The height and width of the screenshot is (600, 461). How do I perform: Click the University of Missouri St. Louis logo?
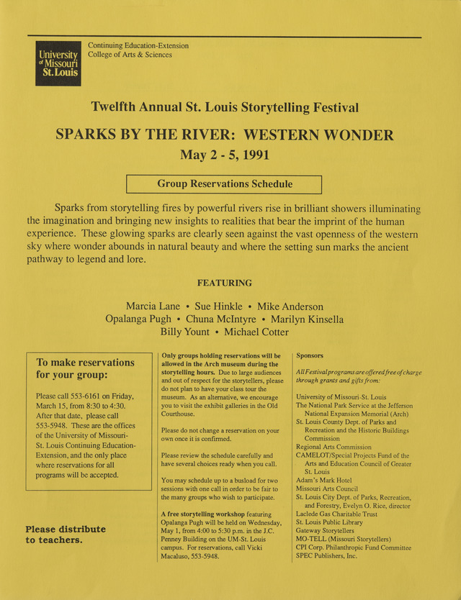point(58,63)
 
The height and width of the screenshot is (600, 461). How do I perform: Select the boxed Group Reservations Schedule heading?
point(224,184)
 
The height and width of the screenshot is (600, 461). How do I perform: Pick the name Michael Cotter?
point(256,332)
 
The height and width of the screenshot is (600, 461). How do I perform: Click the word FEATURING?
point(224,283)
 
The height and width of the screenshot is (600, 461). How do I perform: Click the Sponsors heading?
point(310,355)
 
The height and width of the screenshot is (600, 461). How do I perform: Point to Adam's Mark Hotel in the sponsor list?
point(324,480)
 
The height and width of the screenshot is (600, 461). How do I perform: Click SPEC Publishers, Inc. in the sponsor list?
point(326,555)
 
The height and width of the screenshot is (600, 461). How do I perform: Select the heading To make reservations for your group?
point(85,368)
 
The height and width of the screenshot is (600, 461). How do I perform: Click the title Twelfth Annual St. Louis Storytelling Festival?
point(224,108)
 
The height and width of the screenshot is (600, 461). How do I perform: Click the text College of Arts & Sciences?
point(130,55)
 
